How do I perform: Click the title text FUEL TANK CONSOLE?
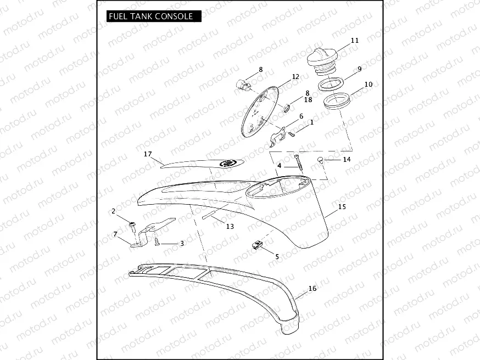click(150, 16)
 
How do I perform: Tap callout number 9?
click(359, 69)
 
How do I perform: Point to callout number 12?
click(295, 77)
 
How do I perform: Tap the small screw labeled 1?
click(291, 133)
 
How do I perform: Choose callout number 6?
click(301, 116)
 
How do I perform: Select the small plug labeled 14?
click(320, 160)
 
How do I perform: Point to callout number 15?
click(342, 207)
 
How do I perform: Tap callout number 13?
click(230, 226)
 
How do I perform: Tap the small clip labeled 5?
click(257, 245)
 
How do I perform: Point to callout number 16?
click(312, 288)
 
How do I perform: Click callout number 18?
click(308, 100)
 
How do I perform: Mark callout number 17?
click(147, 155)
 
